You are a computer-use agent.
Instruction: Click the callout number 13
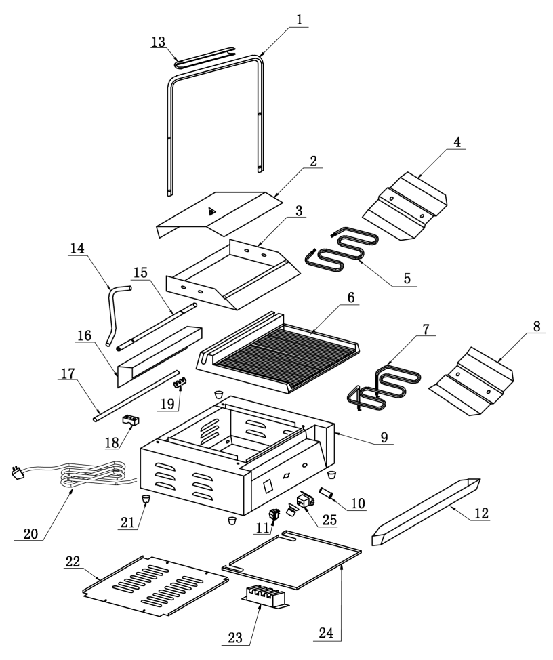(x=159, y=42)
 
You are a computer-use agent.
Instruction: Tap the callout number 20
(x=30, y=534)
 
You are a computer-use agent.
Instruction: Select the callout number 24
(x=327, y=633)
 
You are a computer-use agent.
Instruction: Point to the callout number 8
(x=537, y=327)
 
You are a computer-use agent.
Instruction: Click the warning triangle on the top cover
(x=212, y=211)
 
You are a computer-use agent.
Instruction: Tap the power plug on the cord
(x=17, y=473)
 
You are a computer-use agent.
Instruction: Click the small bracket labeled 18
(x=131, y=419)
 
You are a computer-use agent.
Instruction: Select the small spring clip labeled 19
(x=180, y=382)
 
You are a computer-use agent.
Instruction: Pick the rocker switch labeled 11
(x=276, y=514)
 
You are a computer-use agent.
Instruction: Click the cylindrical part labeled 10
(x=327, y=493)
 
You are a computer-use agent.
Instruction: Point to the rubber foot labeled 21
(x=146, y=499)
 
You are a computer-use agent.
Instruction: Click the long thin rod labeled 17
(x=136, y=395)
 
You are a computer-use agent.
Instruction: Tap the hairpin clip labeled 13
(x=205, y=57)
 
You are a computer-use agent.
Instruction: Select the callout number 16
(x=85, y=336)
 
